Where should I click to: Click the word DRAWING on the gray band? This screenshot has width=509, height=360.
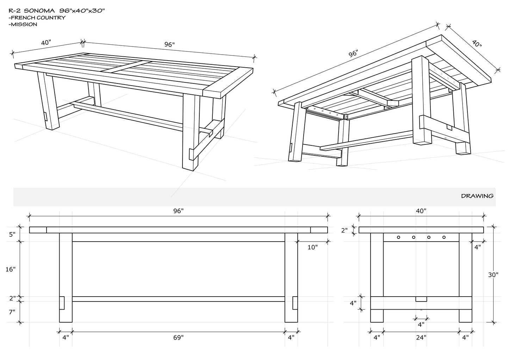pyautogui.click(x=477, y=196)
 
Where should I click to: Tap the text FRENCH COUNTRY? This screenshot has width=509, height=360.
pyautogui.click(x=38, y=18)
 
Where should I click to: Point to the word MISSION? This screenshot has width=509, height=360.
pyautogui.click(x=24, y=24)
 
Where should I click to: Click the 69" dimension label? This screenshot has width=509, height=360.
pyautogui.click(x=178, y=337)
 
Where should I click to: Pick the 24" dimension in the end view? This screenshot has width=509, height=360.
pyautogui.click(x=421, y=337)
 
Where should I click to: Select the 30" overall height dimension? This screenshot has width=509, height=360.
pyautogui.click(x=493, y=275)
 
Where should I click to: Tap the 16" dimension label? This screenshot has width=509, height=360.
pyautogui.click(x=11, y=269)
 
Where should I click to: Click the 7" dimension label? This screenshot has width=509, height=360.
pyautogui.click(x=12, y=312)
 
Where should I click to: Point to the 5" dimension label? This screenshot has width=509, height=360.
pyautogui.click(x=12, y=235)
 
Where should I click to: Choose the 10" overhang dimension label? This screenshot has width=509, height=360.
pyautogui.click(x=312, y=247)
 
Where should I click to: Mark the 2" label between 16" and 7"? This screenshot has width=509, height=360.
pyautogui.click(x=13, y=298)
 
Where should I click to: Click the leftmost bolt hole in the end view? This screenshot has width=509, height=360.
pyautogui.click(x=398, y=237)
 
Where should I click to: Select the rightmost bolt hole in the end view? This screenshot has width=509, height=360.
pyautogui.click(x=444, y=237)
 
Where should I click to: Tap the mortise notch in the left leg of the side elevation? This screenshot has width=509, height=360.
pyautogui.click(x=62, y=303)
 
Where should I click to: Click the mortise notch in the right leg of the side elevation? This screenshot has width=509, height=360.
pyautogui.click(x=295, y=303)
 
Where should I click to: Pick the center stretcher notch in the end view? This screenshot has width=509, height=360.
pyautogui.click(x=421, y=299)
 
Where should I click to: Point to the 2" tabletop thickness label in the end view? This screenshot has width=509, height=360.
pyautogui.click(x=345, y=230)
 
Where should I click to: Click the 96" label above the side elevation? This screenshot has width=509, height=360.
pyautogui.click(x=178, y=211)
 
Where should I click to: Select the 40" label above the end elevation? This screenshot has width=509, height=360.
pyautogui.click(x=421, y=211)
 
